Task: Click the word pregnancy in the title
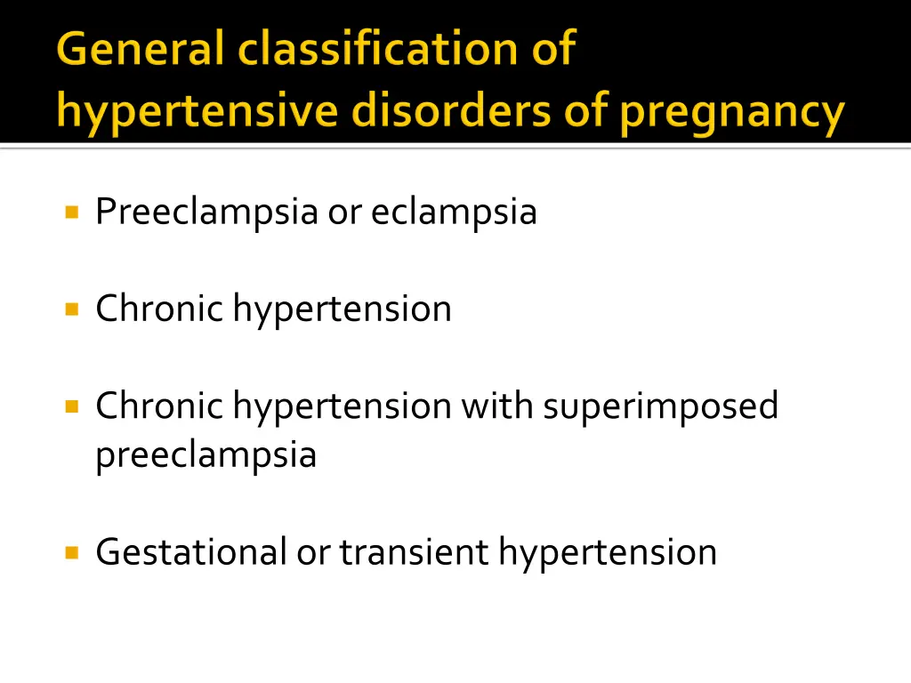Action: tap(731, 114)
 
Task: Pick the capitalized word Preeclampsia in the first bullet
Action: tap(206, 213)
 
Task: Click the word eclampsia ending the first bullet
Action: tap(454, 213)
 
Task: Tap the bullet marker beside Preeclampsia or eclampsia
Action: tap(72, 213)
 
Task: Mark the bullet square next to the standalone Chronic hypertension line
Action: tap(72, 309)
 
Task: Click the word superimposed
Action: tap(660, 407)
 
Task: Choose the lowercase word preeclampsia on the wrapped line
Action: tap(206, 455)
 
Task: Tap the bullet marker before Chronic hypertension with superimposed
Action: tap(72, 406)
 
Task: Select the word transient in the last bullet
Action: tap(414, 552)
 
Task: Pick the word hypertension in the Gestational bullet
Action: tap(608, 553)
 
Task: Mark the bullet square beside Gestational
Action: tap(72, 552)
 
